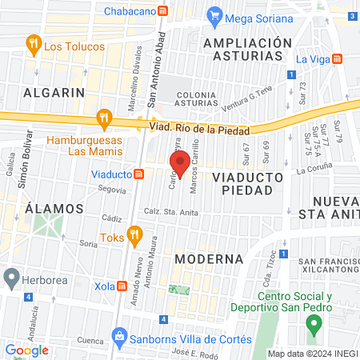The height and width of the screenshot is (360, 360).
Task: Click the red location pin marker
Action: pyautogui.click(x=180, y=162)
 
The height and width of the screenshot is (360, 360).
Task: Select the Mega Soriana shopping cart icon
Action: pyautogui.click(x=214, y=14)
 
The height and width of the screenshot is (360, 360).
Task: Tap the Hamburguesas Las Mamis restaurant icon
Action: pyautogui.click(x=103, y=119)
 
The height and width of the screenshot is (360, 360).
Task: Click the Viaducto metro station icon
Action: pyautogui.click(x=139, y=173)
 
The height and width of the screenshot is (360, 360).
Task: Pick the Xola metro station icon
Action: pyautogui.click(x=122, y=285)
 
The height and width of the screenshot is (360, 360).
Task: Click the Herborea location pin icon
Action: pyautogui.click(x=11, y=278)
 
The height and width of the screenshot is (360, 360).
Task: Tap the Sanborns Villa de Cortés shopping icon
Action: pyautogui.click(x=119, y=335)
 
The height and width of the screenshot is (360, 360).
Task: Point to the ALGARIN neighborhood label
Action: pyautogui.click(x=54, y=93)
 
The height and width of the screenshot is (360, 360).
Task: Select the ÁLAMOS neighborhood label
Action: pyautogui.click(x=54, y=208)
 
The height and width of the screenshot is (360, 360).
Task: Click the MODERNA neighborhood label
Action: pyautogui.click(x=209, y=259)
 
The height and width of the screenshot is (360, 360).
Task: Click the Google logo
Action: pyautogui.click(x=27, y=350)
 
